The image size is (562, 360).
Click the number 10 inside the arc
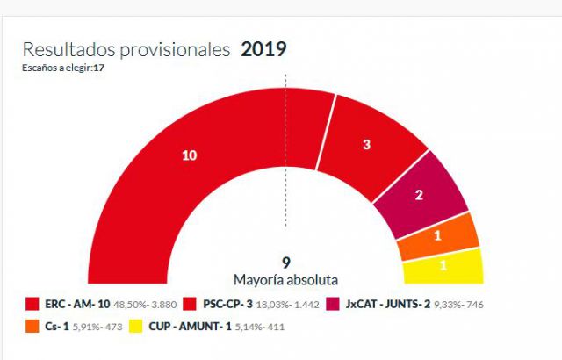click(189, 155)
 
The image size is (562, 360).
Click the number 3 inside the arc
click(366, 145)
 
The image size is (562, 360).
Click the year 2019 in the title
click(263, 49)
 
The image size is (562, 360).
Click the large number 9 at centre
click(285, 263)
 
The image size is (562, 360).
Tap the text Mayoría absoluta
click(285, 279)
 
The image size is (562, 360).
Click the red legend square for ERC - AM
click(32, 305)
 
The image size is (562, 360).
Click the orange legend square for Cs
click(32, 327)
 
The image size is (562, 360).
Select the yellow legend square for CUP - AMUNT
click(137, 327)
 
